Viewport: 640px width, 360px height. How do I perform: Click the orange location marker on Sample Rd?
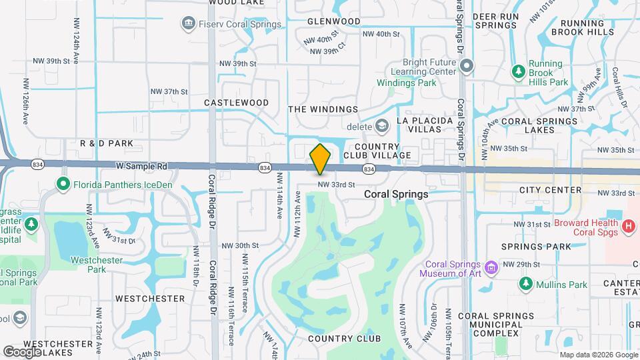(x=320, y=159)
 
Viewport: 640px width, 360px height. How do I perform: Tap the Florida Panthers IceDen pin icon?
(x=63, y=183)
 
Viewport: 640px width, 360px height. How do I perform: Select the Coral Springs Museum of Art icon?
(x=492, y=267)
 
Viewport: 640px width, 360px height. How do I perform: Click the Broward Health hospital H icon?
(x=627, y=227)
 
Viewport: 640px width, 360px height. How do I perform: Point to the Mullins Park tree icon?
(x=526, y=285)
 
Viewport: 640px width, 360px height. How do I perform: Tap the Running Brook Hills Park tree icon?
(x=518, y=70)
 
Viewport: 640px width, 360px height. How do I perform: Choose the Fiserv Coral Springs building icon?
(x=187, y=25)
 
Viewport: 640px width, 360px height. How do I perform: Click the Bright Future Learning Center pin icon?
(x=467, y=65)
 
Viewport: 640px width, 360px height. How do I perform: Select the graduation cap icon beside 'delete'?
(x=381, y=126)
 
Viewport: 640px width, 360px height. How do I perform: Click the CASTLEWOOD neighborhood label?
(x=236, y=103)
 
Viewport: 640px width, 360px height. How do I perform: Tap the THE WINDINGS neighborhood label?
(x=323, y=109)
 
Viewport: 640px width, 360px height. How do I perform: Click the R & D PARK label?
(x=107, y=143)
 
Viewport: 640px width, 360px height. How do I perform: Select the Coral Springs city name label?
(x=396, y=193)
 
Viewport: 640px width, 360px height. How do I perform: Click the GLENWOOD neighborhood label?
(x=333, y=21)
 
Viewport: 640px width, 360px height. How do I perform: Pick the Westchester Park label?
(x=97, y=265)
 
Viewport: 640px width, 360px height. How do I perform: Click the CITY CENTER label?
(x=550, y=190)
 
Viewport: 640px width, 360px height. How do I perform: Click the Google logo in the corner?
(x=23, y=351)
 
